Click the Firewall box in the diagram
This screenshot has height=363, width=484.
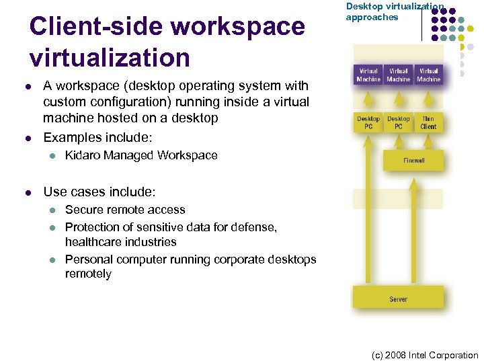tap(413, 161)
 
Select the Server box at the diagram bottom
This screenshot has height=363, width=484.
tap(398, 298)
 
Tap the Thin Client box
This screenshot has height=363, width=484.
tap(428, 122)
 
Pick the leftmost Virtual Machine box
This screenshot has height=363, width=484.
tap(368, 75)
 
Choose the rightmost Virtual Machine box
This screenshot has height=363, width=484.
tap(428, 75)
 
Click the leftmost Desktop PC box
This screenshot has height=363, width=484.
tap(368, 122)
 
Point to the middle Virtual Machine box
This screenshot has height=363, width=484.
tap(399, 75)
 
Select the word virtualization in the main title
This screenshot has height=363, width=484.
tap(110, 58)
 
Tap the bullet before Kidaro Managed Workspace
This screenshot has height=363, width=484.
tap(50, 155)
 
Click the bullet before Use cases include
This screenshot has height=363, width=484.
tap(28, 192)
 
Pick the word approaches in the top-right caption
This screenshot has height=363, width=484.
tap(372, 17)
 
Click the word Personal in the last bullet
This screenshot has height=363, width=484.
tap(87, 259)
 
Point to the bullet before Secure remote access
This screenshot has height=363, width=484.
tap(50, 210)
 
